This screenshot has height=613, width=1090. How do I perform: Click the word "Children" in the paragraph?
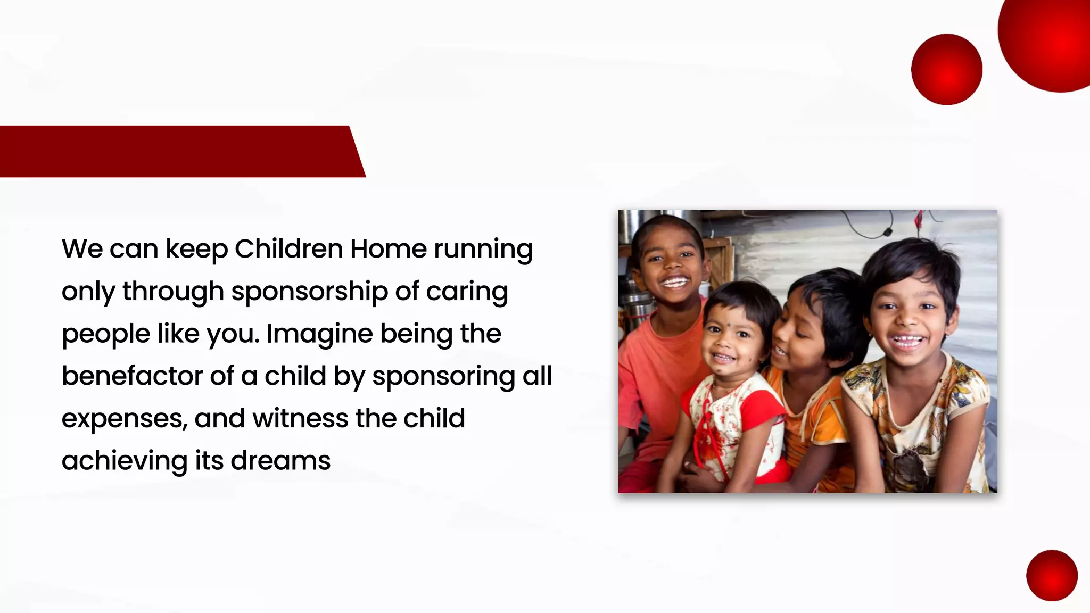click(x=288, y=248)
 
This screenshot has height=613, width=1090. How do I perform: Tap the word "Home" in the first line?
click(x=388, y=248)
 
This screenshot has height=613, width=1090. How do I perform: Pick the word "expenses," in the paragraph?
click(x=125, y=419)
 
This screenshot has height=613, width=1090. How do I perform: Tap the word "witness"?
click(x=300, y=418)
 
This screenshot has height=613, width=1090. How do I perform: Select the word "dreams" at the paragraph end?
click(x=280, y=460)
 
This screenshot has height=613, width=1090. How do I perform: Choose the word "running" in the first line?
click(x=483, y=250)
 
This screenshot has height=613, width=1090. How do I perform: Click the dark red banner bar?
click(x=176, y=151)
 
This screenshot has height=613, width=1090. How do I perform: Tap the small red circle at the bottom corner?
click(x=1052, y=575)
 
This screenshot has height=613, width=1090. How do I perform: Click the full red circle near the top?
click(x=946, y=69)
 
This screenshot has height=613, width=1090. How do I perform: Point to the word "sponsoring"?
click(x=443, y=377)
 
